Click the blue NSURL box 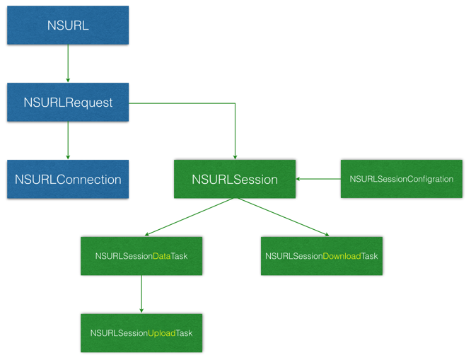pyautogui.click(x=68, y=25)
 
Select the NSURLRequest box pyautogui.click(x=68, y=102)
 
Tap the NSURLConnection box pyautogui.click(x=68, y=179)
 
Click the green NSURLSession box pyautogui.click(x=235, y=179)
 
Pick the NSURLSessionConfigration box pyautogui.click(x=401, y=179)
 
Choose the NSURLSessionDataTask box pyautogui.click(x=141, y=256)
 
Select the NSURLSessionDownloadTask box pyautogui.click(x=321, y=256)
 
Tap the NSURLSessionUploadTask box pyautogui.click(x=141, y=333)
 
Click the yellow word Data pyautogui.click(x=162, y=256)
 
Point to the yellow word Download pyautogui.click(x=342, y=256)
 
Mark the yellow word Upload pyautogui.click(x=162, y=333)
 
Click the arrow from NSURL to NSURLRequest pyautogui.click(x=68, y=64)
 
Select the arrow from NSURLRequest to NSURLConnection pyautogui.click(x=68, y=140)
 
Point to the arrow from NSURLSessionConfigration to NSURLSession pyautogui.click(x=318, y=179)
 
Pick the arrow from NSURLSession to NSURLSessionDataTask pyautogui.click(x=190, y=216)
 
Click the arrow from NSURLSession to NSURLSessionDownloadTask pyautogui.click(x=284, y=216)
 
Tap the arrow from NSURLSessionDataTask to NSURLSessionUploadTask pyautogui.click(x=141, y=294)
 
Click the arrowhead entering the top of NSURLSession pyautogui.click(x=235, y=157)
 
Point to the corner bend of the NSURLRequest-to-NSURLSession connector pyautogui.click(x=235, y=103)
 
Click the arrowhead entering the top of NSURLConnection pyautogui.click(x=68, y=157)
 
